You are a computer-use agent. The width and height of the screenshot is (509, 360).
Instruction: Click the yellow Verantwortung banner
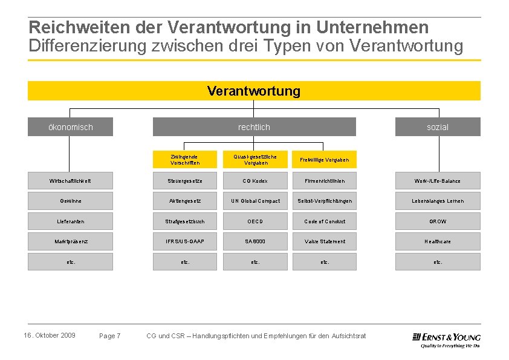point(254,91)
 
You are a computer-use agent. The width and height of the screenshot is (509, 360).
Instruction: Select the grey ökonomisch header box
point(70,127)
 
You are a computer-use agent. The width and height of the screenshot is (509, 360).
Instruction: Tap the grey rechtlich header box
point(254,127)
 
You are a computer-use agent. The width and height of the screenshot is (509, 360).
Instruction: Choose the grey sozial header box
point(438,127)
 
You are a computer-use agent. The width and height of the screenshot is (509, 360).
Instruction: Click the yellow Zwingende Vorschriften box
point(185,160)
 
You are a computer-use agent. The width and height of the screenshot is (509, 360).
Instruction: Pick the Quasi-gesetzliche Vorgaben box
point(256,160)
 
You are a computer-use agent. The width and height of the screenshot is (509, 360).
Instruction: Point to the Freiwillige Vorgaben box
point(325,160)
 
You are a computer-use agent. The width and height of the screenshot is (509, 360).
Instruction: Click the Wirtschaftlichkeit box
point(70,181)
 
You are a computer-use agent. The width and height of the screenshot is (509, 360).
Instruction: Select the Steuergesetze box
point(185,181)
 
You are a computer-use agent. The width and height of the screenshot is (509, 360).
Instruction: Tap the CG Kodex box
point(256,181)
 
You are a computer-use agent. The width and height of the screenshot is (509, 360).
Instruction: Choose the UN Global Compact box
point(256,201)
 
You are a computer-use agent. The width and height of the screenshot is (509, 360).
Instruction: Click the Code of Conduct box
point(325,221)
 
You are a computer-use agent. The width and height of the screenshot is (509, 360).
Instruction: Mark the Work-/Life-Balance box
point(438,181)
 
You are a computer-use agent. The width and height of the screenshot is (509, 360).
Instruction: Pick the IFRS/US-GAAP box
point(185,241)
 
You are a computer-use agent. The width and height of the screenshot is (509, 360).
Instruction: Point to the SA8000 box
point(256,241)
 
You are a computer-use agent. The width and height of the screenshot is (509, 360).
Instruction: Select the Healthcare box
point(438,241)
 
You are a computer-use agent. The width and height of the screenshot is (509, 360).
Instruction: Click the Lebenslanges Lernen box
point(438,201)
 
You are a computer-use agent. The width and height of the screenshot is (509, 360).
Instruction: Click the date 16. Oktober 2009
point(50,335)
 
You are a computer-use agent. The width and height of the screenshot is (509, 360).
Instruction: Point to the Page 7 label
point(110,336)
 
